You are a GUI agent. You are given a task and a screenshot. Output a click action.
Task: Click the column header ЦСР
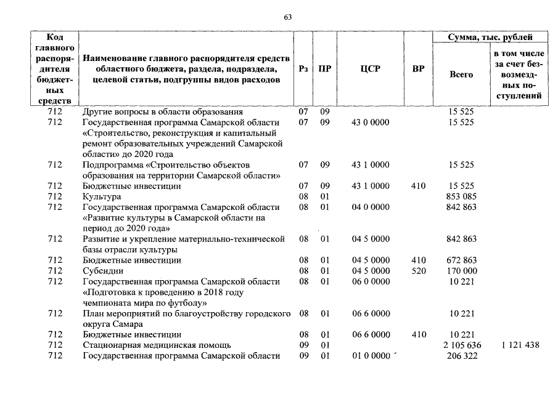tap(370, 69)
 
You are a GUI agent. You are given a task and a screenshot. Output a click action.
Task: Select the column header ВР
tap(418, 69)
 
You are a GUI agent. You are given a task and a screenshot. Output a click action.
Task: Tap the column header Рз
tap(303, 69)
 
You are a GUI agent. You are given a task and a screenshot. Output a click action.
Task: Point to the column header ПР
tap(324, 69)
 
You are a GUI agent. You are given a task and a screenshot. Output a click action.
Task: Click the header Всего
tap(461, 74)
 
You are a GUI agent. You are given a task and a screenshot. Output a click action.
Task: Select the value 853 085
tap(461, 196)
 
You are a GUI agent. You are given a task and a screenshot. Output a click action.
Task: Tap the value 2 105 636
tap(461, 345)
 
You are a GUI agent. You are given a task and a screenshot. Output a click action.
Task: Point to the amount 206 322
tap(461, 356)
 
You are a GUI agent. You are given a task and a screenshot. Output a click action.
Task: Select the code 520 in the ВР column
tap(418, 271)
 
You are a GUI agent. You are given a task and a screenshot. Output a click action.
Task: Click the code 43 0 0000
tap(370, 123)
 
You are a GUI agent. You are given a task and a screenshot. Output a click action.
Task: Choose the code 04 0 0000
tap(370, 207)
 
